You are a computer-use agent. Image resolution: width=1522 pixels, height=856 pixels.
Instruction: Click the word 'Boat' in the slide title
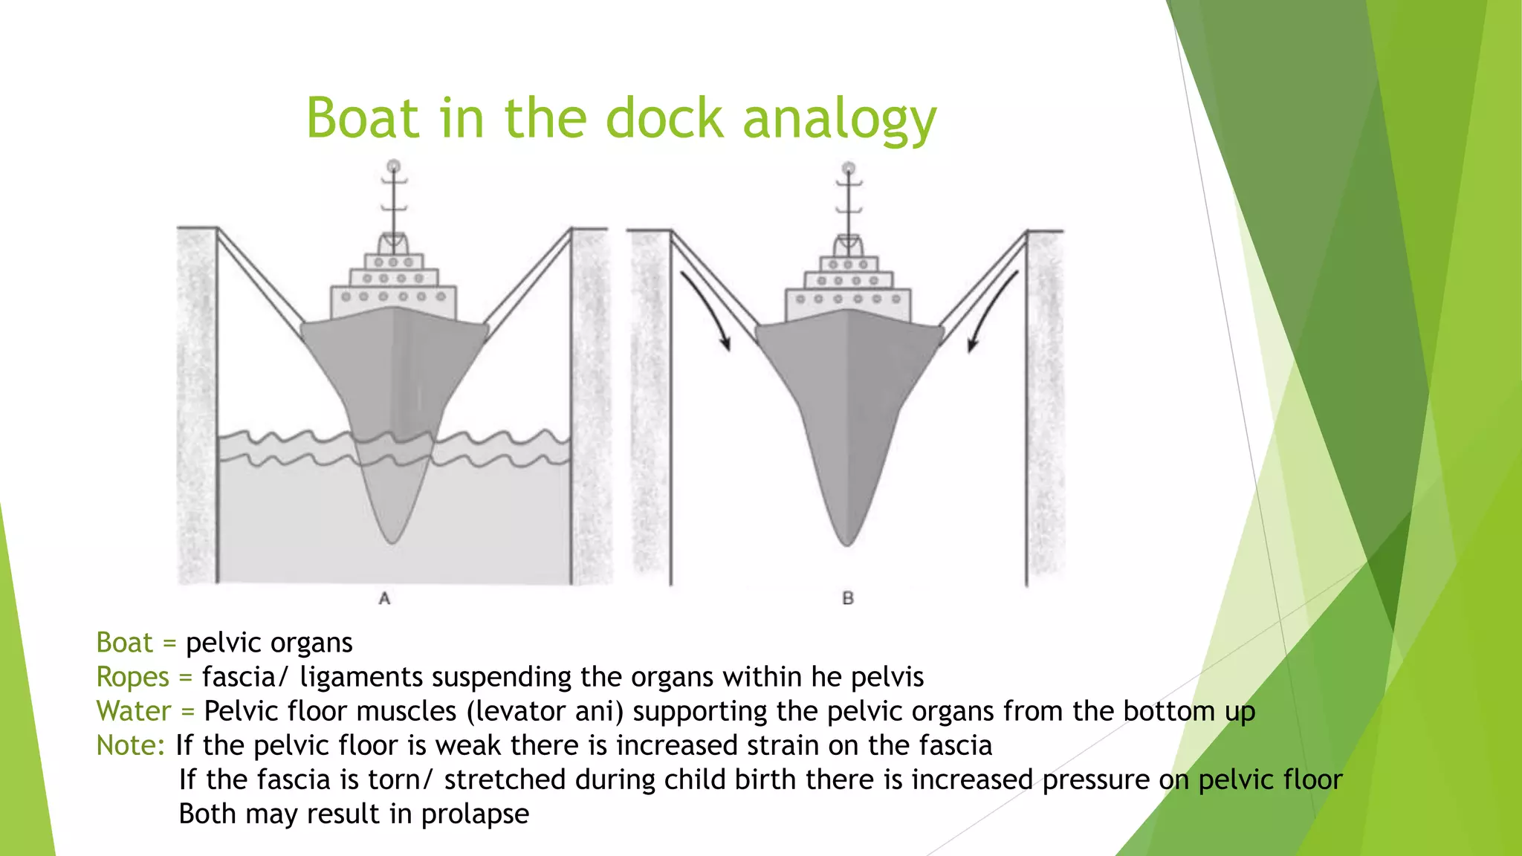(362, 119)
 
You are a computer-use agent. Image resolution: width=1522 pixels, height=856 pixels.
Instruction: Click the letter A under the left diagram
(384, 598)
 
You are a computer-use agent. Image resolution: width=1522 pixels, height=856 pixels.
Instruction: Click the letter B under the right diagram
(848, 598)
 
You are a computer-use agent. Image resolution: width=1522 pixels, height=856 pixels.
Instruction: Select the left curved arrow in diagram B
(706, 308)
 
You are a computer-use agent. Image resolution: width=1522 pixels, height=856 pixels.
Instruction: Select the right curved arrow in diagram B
(993, 308)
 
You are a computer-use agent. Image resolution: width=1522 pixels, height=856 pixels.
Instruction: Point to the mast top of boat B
(849, 169)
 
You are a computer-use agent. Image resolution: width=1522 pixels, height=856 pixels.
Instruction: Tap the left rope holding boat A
(260, 279)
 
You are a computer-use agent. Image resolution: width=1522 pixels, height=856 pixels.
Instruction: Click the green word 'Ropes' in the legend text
(133, 677)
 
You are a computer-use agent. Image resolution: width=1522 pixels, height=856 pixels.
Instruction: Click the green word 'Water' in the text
(134, 711)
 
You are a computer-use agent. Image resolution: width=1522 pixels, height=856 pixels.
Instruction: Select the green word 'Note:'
(131, 745)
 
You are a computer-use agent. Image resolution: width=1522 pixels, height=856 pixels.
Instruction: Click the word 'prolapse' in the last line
(475, 814)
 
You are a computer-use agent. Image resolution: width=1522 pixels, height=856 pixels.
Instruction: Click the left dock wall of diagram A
(197, 405)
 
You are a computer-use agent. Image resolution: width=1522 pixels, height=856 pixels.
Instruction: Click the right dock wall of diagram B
(1046, 405)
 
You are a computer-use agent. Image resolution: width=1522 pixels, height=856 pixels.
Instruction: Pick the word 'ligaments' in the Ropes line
(361, 677)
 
